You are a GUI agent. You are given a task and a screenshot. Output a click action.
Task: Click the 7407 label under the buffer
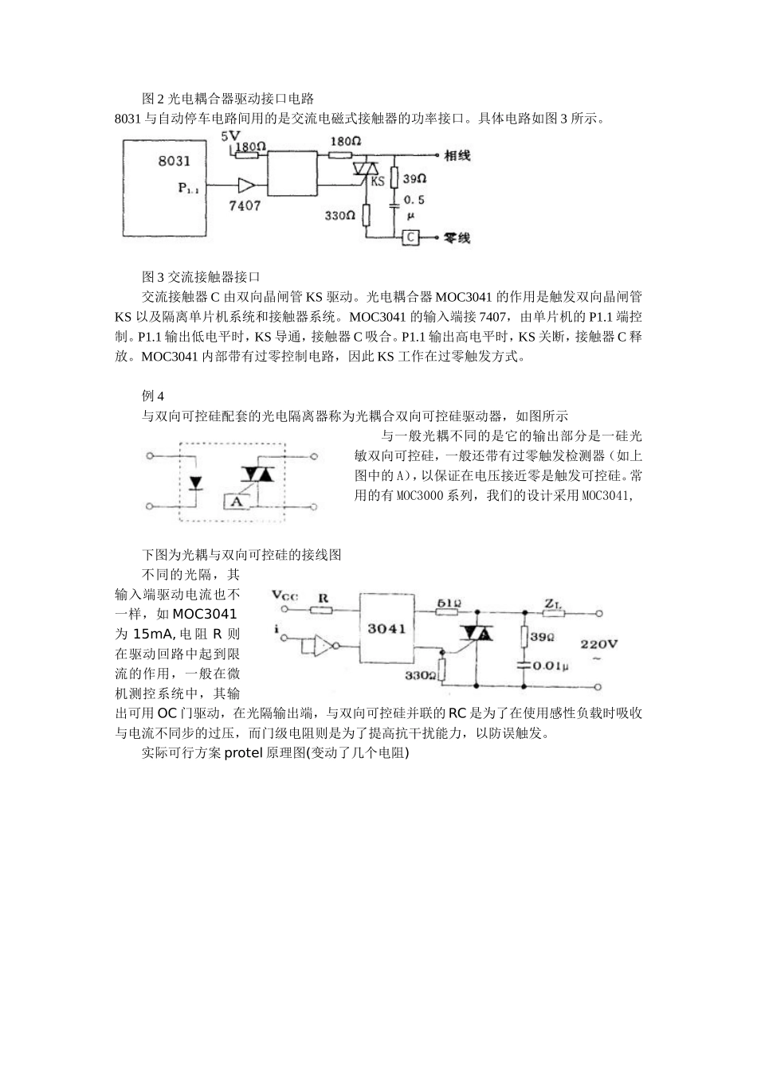coord(245,205)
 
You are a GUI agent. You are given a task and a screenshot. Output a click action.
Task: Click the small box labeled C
coord(410,236)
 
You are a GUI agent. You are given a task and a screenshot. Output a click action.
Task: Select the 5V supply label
coord(230,136)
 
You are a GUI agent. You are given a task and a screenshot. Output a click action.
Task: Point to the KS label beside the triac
coord(378,181)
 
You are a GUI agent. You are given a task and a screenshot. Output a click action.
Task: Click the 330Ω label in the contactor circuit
coord(339,215)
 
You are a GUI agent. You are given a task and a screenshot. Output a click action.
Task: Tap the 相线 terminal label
coord(457,154)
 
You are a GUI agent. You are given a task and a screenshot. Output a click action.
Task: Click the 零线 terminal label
coord(457,237)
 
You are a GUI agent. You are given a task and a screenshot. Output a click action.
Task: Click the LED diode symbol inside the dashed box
coord(195,483)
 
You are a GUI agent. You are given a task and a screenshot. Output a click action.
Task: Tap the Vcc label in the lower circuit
coord(285,595)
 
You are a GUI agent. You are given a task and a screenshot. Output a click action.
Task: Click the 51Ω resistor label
coord(449,603)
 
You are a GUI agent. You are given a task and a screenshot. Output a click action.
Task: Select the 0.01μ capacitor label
coord(551,665)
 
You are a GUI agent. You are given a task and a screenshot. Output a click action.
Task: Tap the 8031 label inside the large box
coord(175,161)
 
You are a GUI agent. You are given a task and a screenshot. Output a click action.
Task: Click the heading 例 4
coord(153,396)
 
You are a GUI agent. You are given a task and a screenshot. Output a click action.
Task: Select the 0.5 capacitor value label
coord(414,201)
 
